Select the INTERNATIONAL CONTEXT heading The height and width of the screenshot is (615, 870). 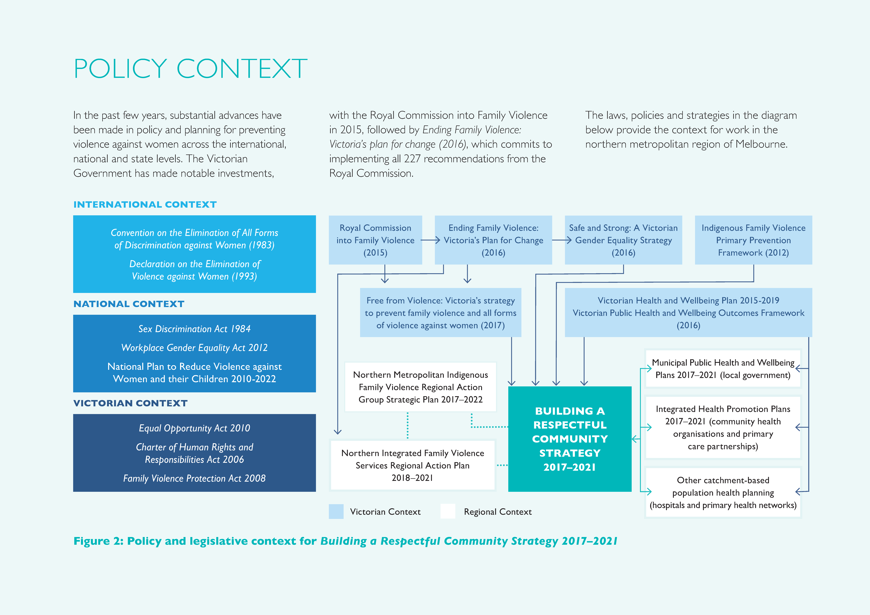(x=145, y=205)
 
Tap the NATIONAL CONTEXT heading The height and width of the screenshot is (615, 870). (x=129, y=304)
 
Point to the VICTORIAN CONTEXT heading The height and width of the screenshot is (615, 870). (x=130, y=403)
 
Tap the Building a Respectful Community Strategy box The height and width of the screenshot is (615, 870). (x=570, y=439)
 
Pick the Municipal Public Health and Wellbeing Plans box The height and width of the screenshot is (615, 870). (x=723, y=369)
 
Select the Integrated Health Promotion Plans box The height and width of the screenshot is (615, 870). (x=723, y=427)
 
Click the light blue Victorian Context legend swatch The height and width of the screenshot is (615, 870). (x=336, y=512)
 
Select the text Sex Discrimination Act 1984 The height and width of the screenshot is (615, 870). (x=194, y=329)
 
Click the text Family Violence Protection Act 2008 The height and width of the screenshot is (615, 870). (x=194, y=479)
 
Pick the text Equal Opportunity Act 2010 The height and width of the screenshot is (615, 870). (x=194, y=428)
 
